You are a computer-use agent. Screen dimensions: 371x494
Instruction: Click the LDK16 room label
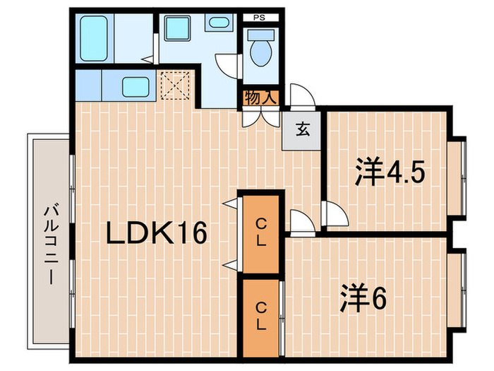click(157, 232)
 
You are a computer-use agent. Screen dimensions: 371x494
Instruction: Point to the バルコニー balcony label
click(50, 242)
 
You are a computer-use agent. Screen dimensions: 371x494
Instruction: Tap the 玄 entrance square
click(302, 129)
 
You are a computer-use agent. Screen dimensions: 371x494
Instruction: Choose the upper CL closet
click(260, 231)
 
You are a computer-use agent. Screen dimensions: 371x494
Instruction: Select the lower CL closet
click(260, 316)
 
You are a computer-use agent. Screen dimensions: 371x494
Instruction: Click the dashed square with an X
click(176, 86)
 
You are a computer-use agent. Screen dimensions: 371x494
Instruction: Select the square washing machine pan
click(175, 29)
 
